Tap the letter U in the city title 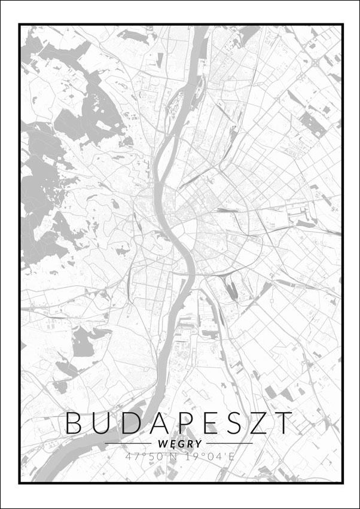pyautogui.click(x=102, y=423)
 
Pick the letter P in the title pyautogui.click(x=187, y=423)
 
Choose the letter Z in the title pyautogui.click(x=261, y=423)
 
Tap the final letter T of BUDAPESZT pyautogui.click(x=285, y=423)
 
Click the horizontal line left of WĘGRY pyautogui.click(x=129, y=443)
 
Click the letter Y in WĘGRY pyautogui.click(x=199, y=444)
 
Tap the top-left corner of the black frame pyautogui.click(x=20, y=25)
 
